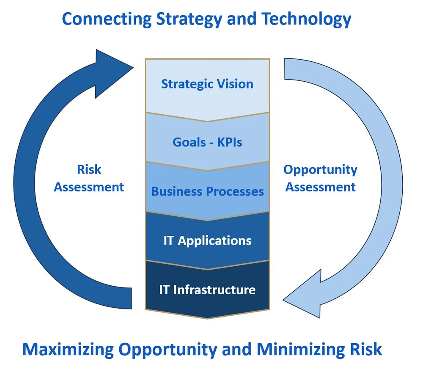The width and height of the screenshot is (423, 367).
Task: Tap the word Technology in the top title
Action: point(307,19)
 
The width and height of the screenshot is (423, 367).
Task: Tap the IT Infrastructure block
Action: point(207,290)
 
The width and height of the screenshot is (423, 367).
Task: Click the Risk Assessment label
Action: point(89,178)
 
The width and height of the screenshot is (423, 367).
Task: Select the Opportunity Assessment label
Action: point(320,178)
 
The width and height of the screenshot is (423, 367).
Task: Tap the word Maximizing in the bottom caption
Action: point(68,350)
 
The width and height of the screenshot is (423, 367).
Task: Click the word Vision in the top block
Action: point(235,84)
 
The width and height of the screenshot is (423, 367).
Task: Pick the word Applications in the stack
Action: point(214,240)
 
